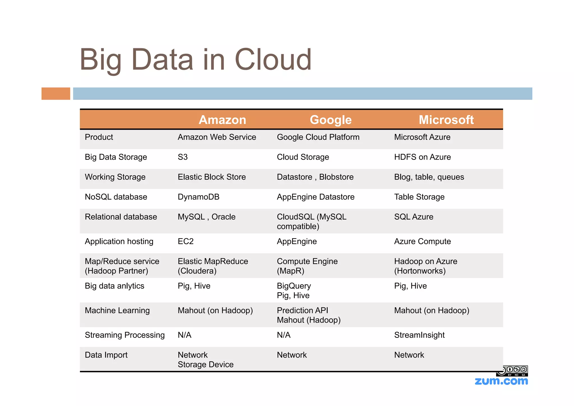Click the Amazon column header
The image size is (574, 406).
tap(222, 120)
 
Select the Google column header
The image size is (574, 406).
tap(330, 120)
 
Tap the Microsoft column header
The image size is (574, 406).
tap(446, 120)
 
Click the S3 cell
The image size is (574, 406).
tap(183, 157)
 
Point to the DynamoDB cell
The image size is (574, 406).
tap(198, 197)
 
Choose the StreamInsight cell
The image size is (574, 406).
tap(419, 335)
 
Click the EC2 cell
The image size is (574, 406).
tap(186, 242)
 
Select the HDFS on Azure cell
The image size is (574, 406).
tap(422, 157)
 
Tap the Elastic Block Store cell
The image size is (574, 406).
tap(212, 177)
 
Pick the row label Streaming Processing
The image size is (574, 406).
tap(125, 335)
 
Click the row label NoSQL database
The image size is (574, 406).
tap(116, 197)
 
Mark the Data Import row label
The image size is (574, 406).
tap(106, 355)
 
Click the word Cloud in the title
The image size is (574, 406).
tap(273, 59)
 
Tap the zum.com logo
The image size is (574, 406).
tap(501, 381)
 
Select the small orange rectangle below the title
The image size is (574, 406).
tap(56, 93)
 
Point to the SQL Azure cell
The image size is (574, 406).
tap(414, 217)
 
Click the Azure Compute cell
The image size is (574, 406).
tap(422, 242)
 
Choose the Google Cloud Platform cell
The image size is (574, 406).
tap(318, 137)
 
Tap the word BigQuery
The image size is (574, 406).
tap(294, 286)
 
